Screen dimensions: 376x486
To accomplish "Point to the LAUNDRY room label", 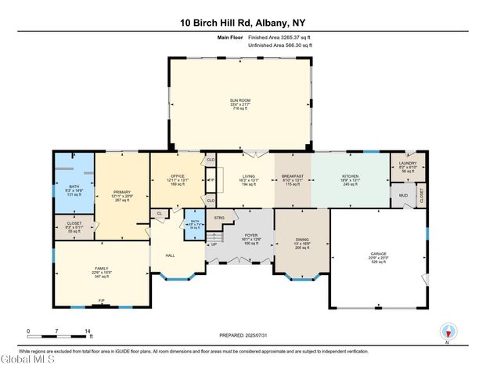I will pos(409,162).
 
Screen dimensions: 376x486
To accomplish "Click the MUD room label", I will pos(403,195).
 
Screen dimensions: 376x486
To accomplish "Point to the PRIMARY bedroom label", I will pos(121,191).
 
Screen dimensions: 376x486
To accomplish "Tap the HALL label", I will pos(170,255).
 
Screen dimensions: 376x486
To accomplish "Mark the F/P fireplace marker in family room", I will pos(100,300).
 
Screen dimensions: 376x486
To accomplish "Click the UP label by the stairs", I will pos(214,244).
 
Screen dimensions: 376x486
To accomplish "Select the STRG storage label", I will pos(220,217).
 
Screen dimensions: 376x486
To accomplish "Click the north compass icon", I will pos(448,331).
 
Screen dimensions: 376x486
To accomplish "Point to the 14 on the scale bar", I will pos(88,331).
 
